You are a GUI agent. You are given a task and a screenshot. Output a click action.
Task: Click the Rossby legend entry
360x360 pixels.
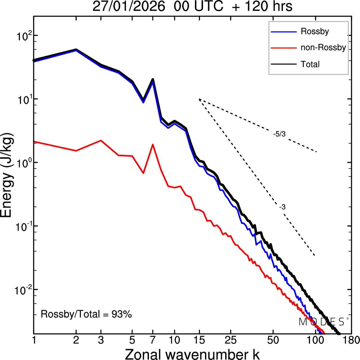[314, 31]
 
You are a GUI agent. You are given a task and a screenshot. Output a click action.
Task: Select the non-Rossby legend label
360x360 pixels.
[323, 47]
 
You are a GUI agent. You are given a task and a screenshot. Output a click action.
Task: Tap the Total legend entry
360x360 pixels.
[310, 64]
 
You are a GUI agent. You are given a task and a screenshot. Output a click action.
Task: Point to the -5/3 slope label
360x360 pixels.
[279, 134]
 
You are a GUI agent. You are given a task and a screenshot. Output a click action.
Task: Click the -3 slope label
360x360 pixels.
[282, 207]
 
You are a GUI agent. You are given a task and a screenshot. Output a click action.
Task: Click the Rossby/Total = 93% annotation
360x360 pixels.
[86, 314]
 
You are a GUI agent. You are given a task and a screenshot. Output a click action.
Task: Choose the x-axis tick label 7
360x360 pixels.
[153, 340]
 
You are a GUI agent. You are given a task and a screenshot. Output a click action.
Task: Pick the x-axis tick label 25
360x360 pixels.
[230, 340]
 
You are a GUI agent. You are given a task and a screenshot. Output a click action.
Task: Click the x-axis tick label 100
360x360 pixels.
[314, 340]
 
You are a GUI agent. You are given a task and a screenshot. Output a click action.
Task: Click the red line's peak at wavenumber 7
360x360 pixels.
[153, 145]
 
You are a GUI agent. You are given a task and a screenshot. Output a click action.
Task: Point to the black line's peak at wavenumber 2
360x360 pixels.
[76, 49]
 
